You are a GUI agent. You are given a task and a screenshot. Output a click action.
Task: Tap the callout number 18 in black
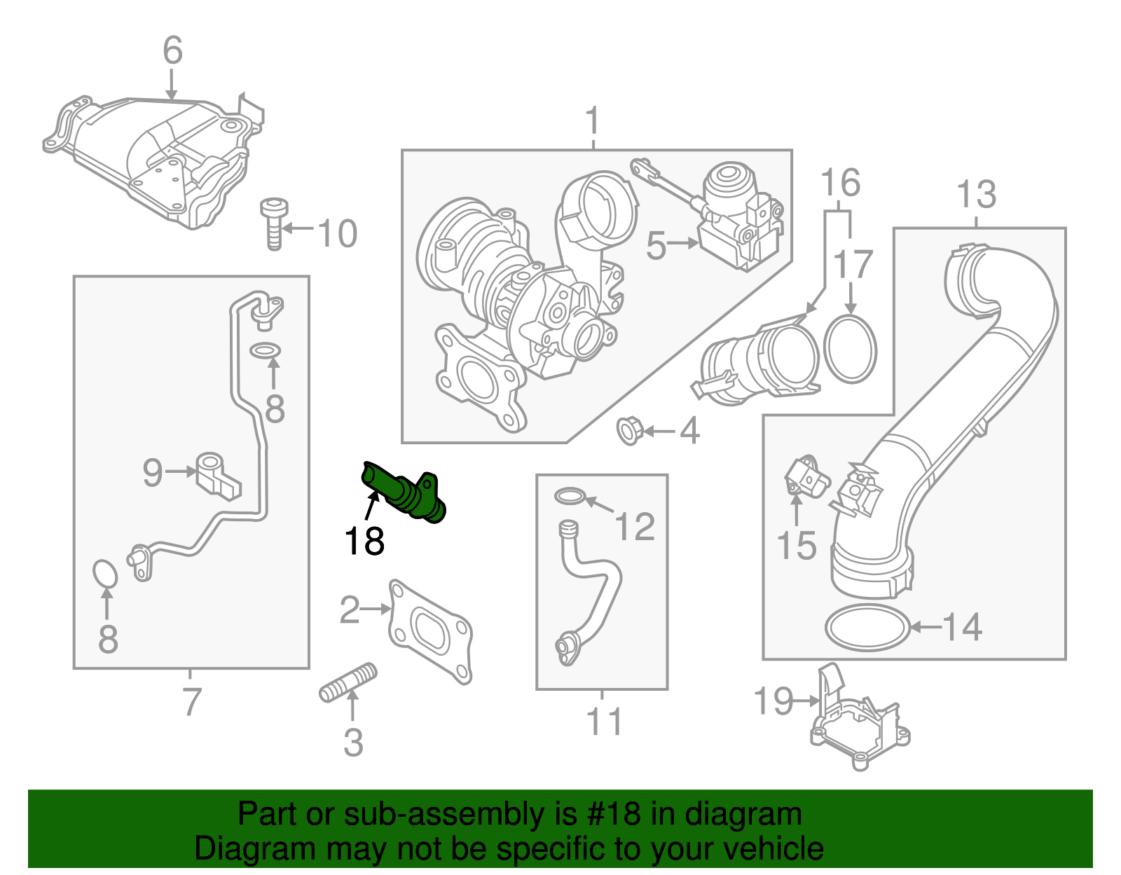coord(364,542)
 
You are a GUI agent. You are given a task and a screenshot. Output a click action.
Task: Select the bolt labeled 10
coord(274,223)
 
